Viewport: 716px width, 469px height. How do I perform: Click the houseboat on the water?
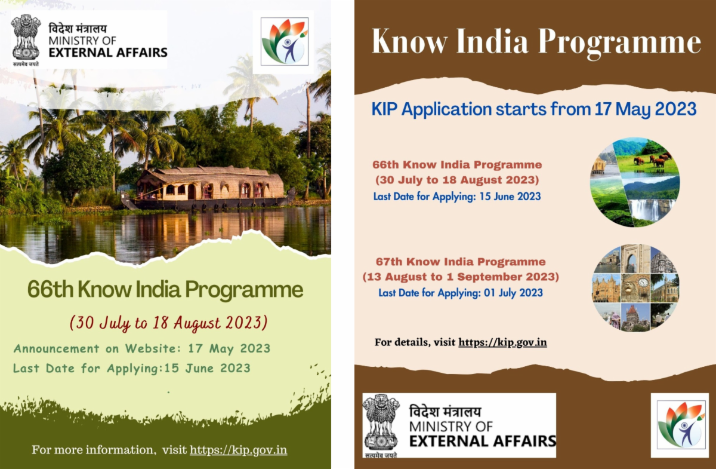coord(208,188)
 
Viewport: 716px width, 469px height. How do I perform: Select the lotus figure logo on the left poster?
coord(285,42)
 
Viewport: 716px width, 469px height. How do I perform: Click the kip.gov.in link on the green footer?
coord(239,450)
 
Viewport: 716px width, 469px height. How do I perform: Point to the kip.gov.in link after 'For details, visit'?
coord(502,342)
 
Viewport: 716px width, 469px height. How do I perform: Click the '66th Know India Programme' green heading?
coord(165,289)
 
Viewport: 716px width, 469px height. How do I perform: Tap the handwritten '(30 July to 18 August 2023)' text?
coord(168,323)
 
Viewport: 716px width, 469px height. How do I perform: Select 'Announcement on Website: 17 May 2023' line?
coord(142,349)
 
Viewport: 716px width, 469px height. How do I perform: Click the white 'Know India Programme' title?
coord(536,42)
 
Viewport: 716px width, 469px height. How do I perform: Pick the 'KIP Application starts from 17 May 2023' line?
coord(534,109)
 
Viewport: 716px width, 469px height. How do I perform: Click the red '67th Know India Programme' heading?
coord(461,262)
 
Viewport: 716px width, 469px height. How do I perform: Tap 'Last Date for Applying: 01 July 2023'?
coord(461,293)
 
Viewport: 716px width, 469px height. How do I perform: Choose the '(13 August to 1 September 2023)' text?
coord(461,277)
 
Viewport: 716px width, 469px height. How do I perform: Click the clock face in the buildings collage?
coord(643,283)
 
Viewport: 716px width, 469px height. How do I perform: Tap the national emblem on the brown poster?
coord(381,422)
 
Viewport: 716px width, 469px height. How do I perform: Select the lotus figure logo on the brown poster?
coord(681,425)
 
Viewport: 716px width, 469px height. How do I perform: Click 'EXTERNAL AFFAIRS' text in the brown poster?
coord(483,441)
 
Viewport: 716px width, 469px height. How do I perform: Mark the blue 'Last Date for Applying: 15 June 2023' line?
coord(457,196)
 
